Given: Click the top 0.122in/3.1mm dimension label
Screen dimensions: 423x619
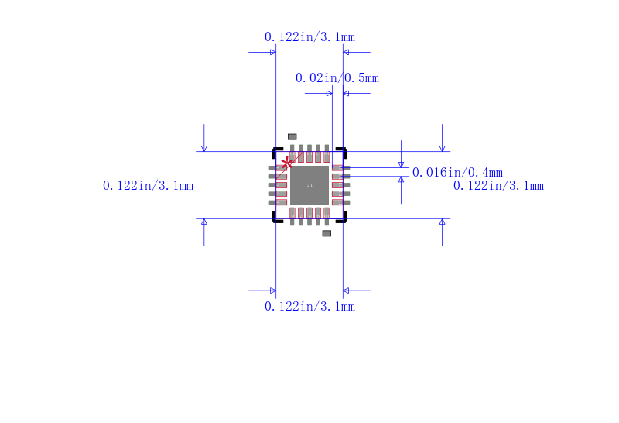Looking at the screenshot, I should (x=309, y=37).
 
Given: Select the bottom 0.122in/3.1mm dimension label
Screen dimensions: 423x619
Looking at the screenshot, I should (x=309, y=307).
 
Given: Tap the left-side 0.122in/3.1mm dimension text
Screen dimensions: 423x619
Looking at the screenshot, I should (x=148, y=186).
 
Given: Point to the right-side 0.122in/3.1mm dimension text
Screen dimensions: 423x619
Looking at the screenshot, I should (x=498, y=186).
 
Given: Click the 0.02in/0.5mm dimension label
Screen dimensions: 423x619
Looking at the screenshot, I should (x=337, y=78).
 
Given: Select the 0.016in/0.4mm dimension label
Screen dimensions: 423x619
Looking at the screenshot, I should (x=457, y=173).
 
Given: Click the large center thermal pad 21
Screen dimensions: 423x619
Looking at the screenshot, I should (x=309, y=185).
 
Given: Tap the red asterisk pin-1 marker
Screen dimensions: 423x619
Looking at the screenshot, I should (x=288, y=163).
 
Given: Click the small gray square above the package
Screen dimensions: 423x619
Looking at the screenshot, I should (x=292, y=136).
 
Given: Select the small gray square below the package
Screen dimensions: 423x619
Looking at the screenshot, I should (x=327, y=233).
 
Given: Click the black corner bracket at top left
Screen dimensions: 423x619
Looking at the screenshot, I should (x=276, y=151).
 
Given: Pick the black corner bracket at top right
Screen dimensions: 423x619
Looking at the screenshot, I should (x=343, y=151).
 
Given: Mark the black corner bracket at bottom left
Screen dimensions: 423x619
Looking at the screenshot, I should (x=276, y=218).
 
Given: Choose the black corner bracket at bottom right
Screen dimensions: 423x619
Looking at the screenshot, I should (x=343, y=218).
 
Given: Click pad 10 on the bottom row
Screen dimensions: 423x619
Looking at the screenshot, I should (x=327, y=215).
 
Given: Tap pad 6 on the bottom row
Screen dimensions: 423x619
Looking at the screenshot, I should (x=292, y=215).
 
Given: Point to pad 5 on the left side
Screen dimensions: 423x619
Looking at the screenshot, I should (x=279, y=202).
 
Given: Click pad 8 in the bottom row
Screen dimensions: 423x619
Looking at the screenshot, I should (x=309, y=215).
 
